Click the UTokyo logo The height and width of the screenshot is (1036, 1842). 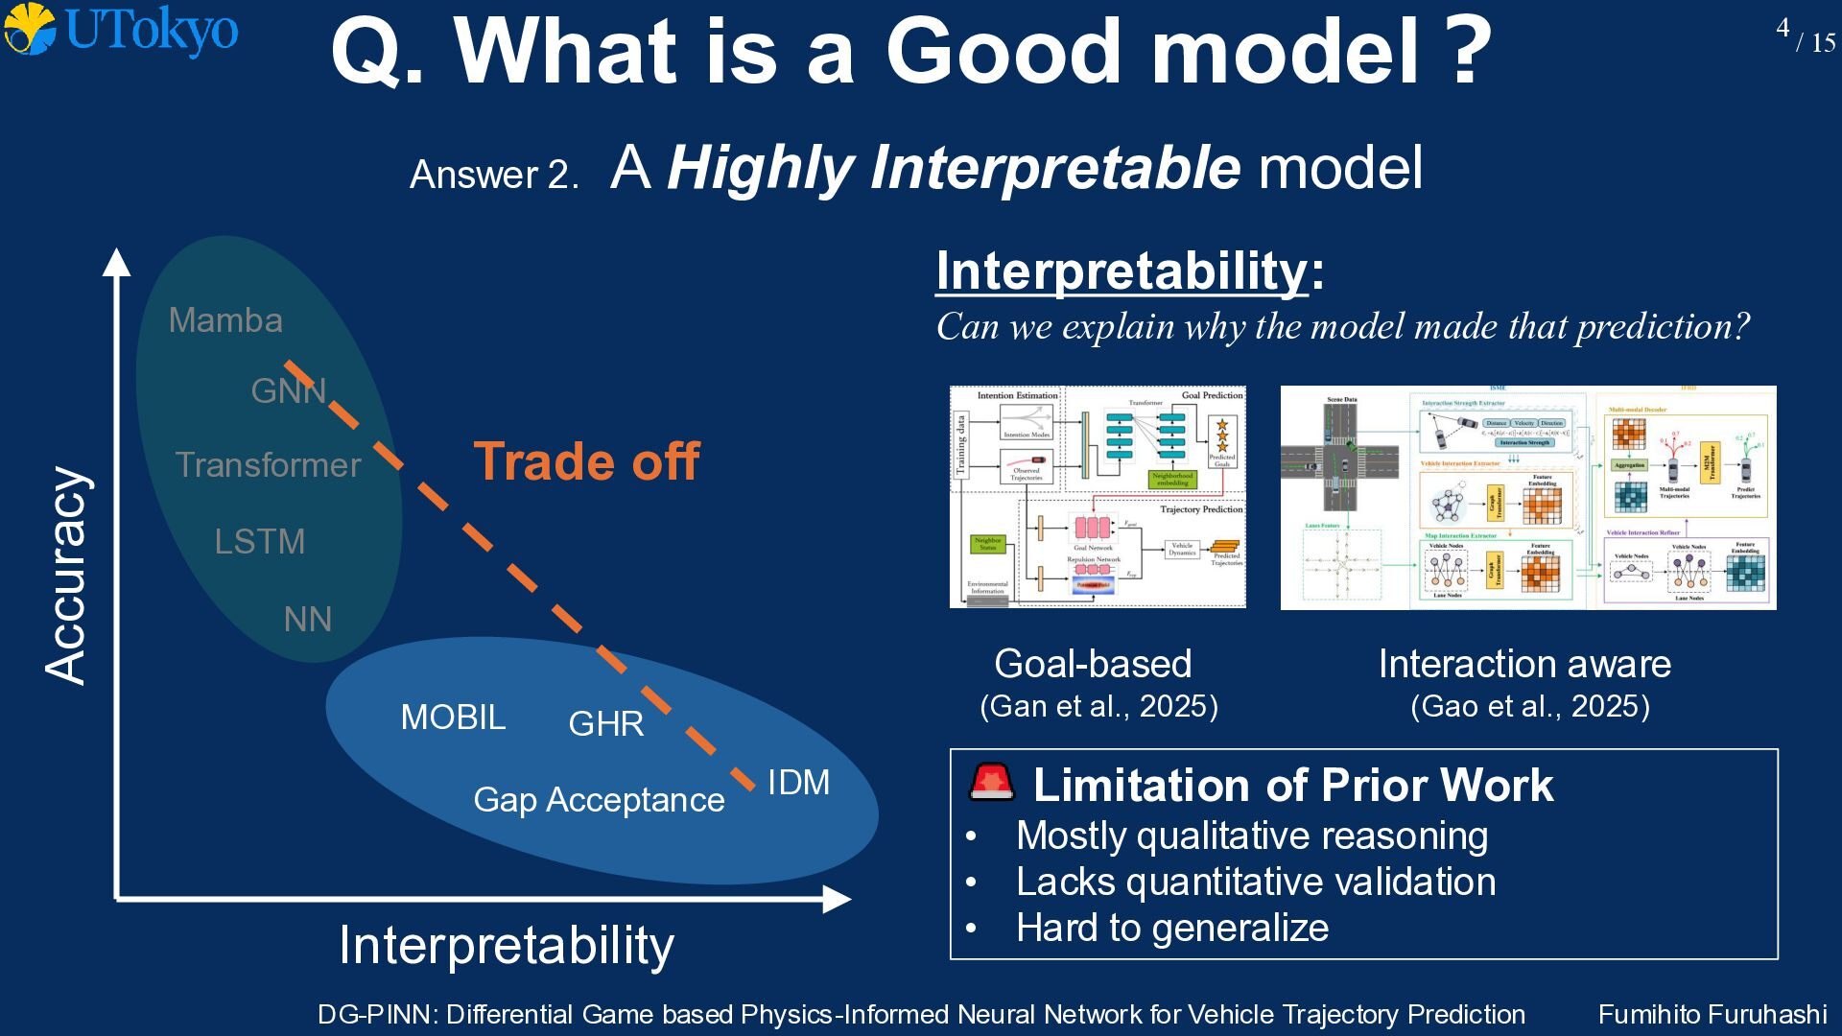tap(121, 30)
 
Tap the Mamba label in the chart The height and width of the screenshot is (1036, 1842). tap(225, 320)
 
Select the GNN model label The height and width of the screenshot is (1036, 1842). tap(288, 390)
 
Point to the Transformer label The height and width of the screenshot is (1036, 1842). tap(268, 465)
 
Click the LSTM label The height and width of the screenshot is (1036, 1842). tap(259, 542)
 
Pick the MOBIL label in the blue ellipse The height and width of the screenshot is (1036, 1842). tap(453, 718)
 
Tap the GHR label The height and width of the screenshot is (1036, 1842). tap(605, 723)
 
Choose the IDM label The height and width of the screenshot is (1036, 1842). tap(798, 783)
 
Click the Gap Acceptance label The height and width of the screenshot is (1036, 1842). tap(599, 800)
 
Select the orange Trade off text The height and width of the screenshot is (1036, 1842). tap(586, 461)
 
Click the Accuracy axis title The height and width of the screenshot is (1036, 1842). tap(67, 576)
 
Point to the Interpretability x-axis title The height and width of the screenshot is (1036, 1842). tap(506, 946)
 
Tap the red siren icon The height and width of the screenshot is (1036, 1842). tap(991, 783)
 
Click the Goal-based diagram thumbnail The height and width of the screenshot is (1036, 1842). tap(1098, 497)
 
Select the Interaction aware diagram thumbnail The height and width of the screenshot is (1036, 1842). tap(1528, 497)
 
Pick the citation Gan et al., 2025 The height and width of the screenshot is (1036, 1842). tap(1098, 707)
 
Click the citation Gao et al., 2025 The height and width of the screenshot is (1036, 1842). tap(1529, 707)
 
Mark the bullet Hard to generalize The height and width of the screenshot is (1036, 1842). tap(1171, 928)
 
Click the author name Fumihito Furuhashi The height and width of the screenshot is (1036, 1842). tap(1712, 1014)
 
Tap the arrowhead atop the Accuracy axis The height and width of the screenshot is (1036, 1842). tap(116, 262)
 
